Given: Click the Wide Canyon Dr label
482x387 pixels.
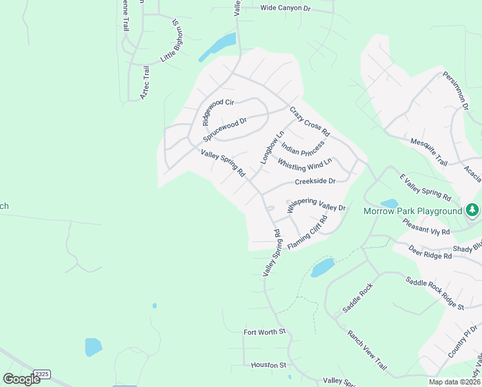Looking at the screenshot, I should pyautogui.click(x=285, y=8).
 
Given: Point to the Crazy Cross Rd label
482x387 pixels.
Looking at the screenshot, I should pyautogui.click(x=309, y=121).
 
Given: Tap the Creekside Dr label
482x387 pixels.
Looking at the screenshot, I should pyautogui.click(x=315, y=182).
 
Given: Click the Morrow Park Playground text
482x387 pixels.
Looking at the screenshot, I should pyautogui.click(x=412, y=211).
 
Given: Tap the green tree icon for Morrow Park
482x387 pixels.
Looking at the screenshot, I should pyautogui.click(x=472, y=210).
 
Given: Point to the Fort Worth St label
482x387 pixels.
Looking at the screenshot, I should pyautogui.click(x=264, y=332).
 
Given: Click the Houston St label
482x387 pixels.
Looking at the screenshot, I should pyautogui.click(x=268, y=365).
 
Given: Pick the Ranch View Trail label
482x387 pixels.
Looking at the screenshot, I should pyautogui.click(x=367, y=351).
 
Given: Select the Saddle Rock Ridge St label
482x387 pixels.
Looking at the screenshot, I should pyautogui.click(x=434, y=293).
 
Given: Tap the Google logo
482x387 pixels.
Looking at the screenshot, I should pyautogui.click(x=21, y=379).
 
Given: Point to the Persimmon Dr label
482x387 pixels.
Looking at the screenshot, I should pyautogui.click(x=456, y=91).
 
